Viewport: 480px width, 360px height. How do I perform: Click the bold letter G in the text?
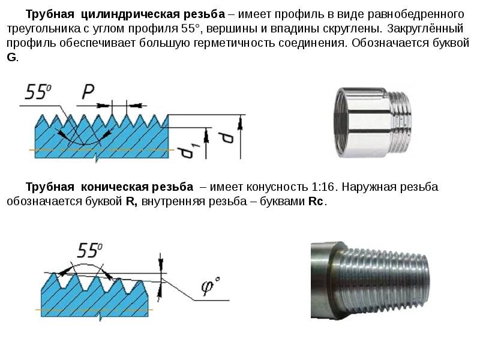(11, 57)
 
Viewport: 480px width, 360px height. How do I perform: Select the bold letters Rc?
(316, 202)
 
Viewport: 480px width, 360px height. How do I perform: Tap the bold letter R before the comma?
(130, 202)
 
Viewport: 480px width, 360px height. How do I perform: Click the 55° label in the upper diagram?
(38, 92)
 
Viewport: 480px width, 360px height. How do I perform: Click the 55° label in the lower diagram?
(89, 250)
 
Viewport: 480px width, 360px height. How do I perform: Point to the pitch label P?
(88, 91)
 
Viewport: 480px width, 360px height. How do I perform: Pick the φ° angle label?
(211, 286)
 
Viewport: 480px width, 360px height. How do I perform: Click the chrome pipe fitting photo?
(373, 122)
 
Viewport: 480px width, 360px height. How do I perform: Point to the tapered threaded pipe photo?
(370, 280)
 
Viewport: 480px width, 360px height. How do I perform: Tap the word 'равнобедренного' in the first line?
(416, 14)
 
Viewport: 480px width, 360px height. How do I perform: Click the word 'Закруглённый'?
(425, 28)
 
